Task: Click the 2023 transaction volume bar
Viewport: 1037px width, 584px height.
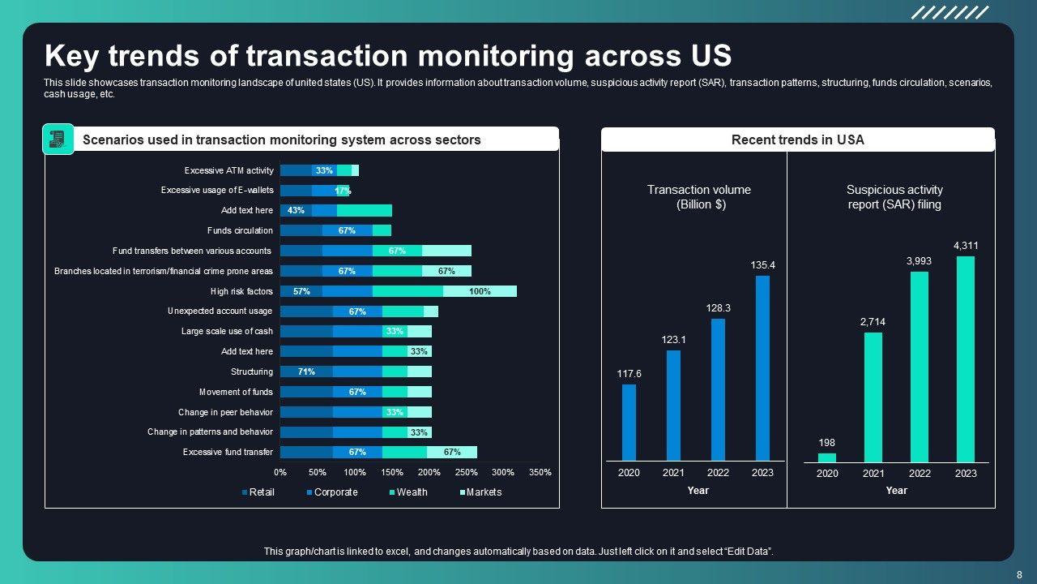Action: pos(762,368)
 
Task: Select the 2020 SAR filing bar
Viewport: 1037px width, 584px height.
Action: pos(827,457)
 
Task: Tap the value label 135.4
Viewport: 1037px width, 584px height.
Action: pos(762,265)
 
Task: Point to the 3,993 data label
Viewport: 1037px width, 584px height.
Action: pos(920,260)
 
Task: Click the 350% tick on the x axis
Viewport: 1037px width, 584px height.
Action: pos(540,472)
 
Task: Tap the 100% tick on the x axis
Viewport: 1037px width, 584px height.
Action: pos(355,472)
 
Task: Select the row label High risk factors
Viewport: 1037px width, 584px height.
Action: pos(241,291)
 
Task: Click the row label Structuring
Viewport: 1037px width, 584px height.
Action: pos(252,371)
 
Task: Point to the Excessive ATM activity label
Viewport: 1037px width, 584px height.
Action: pos(228,170)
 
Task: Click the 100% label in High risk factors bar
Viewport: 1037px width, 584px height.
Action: pos(480,291)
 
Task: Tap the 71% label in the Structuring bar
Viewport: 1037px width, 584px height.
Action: pos(306,371)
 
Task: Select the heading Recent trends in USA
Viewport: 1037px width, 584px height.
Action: pos(797,140)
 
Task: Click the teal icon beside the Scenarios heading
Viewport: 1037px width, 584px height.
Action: pos(58,140)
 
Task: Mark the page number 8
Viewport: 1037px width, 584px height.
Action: pos(1019,574)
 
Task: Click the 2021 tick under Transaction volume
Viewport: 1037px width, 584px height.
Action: pos(673,473)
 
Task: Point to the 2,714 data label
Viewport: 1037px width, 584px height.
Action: pos(873,322)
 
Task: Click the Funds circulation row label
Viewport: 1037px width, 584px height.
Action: pos(240,230)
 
